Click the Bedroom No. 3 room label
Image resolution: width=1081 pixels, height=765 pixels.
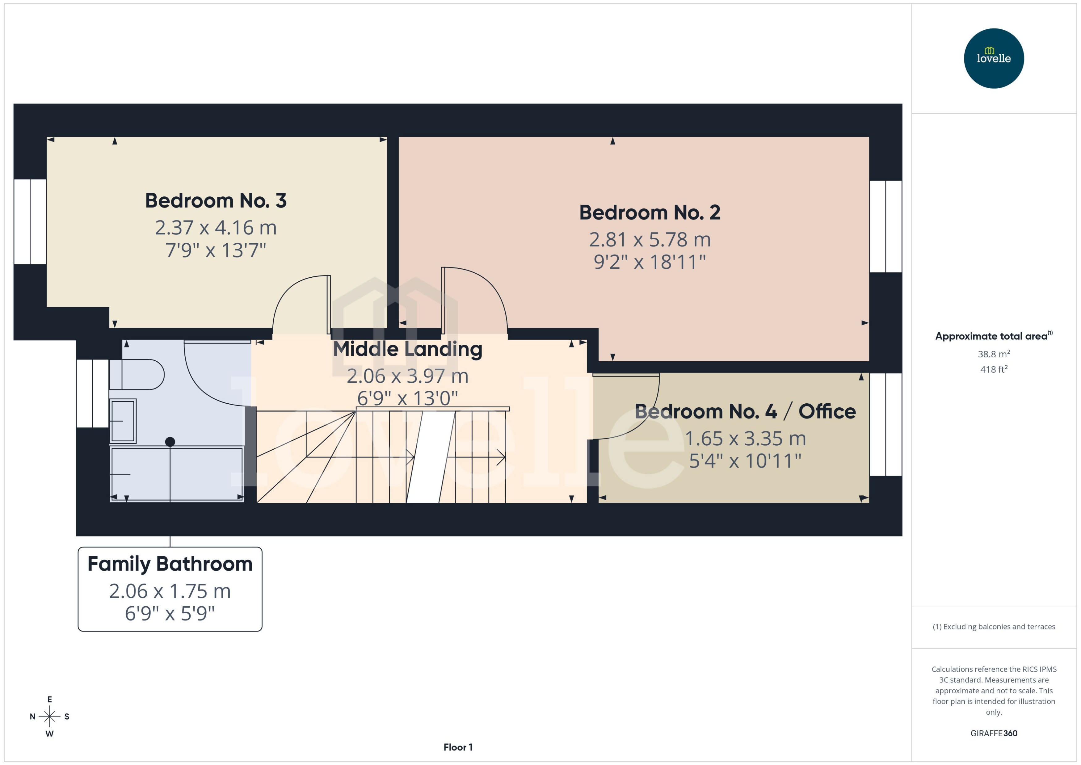(215, 201)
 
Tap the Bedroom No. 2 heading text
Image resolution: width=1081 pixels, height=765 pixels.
(649, 212)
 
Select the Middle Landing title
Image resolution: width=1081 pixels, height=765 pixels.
(407, 349)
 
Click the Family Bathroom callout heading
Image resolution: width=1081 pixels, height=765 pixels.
(170, 564)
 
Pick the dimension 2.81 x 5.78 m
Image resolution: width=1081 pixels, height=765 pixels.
(649, 240)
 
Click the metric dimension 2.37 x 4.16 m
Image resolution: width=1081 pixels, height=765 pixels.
(215, 228)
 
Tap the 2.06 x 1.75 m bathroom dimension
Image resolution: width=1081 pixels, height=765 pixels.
(170, 591)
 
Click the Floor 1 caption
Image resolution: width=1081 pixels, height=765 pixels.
(457, 747)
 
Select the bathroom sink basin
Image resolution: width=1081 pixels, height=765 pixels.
(123, 421)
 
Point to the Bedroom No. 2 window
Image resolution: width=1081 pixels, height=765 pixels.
(885, 226)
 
